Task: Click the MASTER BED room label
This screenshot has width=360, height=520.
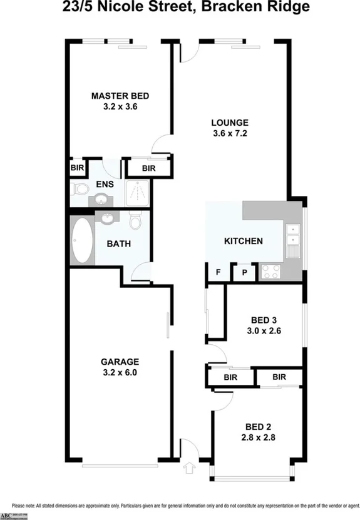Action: pos(120,96)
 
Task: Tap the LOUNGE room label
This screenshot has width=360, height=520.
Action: pos(230,123)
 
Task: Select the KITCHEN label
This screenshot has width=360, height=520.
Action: pos(243,241)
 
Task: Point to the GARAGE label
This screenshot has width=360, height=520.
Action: pos(120,361)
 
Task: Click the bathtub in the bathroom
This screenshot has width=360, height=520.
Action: pos(81,240)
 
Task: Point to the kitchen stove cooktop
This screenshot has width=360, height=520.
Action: pos(272,271)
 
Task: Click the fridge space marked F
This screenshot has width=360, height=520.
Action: pos(218,272)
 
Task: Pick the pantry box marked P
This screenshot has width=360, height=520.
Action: pos(244,272)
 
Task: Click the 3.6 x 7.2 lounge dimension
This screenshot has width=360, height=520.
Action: pos(230,133)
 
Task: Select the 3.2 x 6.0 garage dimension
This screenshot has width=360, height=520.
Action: pos(120,372)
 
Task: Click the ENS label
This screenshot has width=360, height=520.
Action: pos(103,185)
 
